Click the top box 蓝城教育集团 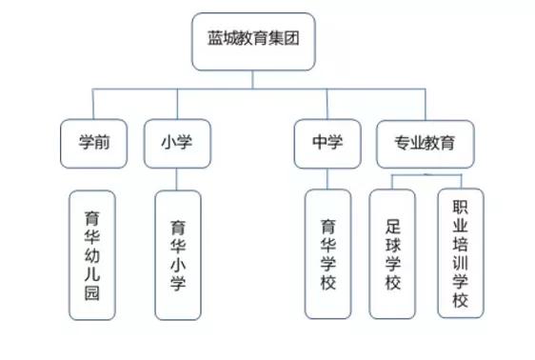[x=252, y=42]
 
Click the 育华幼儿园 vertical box [x=93, y=255]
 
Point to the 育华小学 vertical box [x=177, y=255]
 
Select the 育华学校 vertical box [x=327, y=254]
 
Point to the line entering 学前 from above [x=92, y=104]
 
